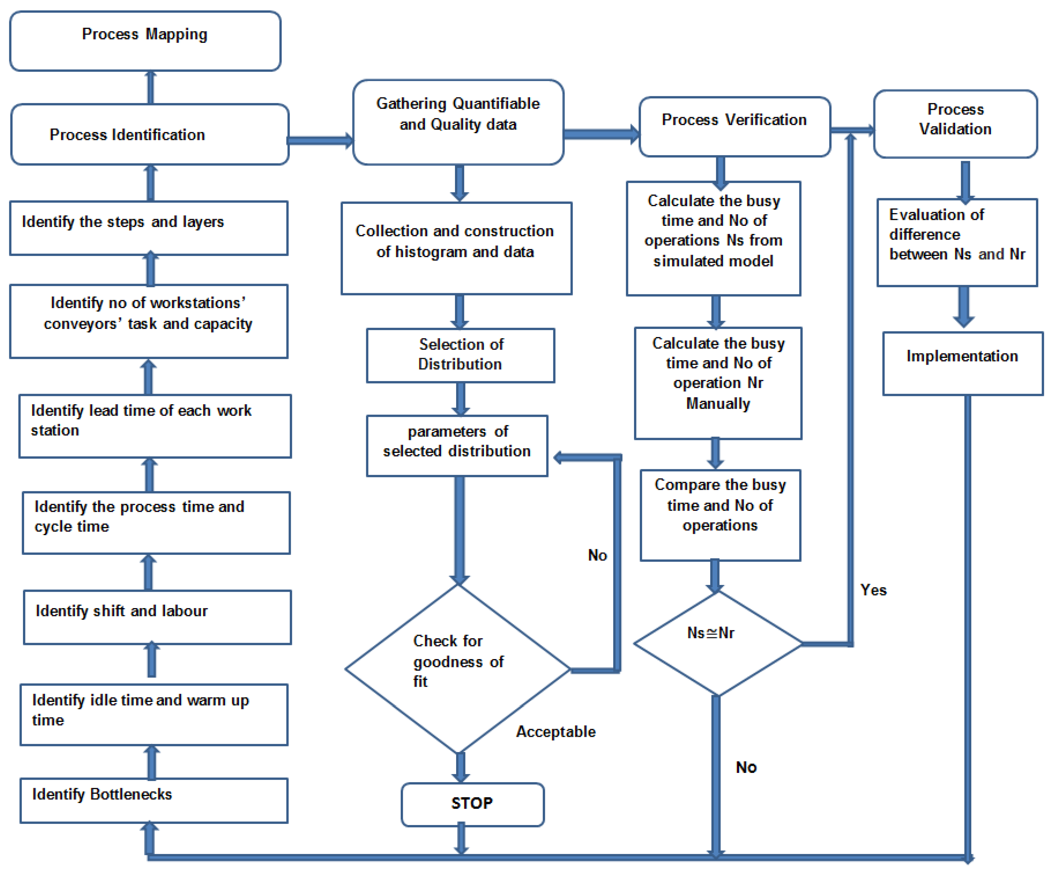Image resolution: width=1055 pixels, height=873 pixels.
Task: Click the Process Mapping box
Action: pyautogui.click(x=145, y=41)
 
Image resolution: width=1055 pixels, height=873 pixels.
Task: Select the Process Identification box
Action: pyautogui.click(x=149, y=135)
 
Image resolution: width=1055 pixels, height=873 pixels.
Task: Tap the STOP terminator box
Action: pyautogui.click(x=472, y=804)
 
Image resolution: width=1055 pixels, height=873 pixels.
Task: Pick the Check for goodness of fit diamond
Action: pyautogui.click(x=458, y=668)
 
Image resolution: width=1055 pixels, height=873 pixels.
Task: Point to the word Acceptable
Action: pyautogui.click(x=556, y=731)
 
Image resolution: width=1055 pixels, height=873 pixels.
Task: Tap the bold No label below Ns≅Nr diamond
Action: pyautogui.click(x=746, y=767)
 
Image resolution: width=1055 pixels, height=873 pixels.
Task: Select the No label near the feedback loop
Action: pyautogui.click(x=597, y=555)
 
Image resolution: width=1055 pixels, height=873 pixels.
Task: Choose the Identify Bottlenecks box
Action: pyautogui.click(x=154, y=800)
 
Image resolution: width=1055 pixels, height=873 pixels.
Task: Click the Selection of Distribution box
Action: pyautogui.click(x=460, y=355)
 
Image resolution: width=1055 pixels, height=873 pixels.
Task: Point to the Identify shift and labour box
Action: pyautogui.click(x=157, y=617)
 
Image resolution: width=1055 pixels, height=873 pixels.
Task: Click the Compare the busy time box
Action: pyautogui.click(x=720, y=515)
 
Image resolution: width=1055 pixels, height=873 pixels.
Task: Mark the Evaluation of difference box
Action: pyautogui.click(x=957, y=242)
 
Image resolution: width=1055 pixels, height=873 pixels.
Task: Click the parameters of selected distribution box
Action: pyautogui.click(x=457, y=445)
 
